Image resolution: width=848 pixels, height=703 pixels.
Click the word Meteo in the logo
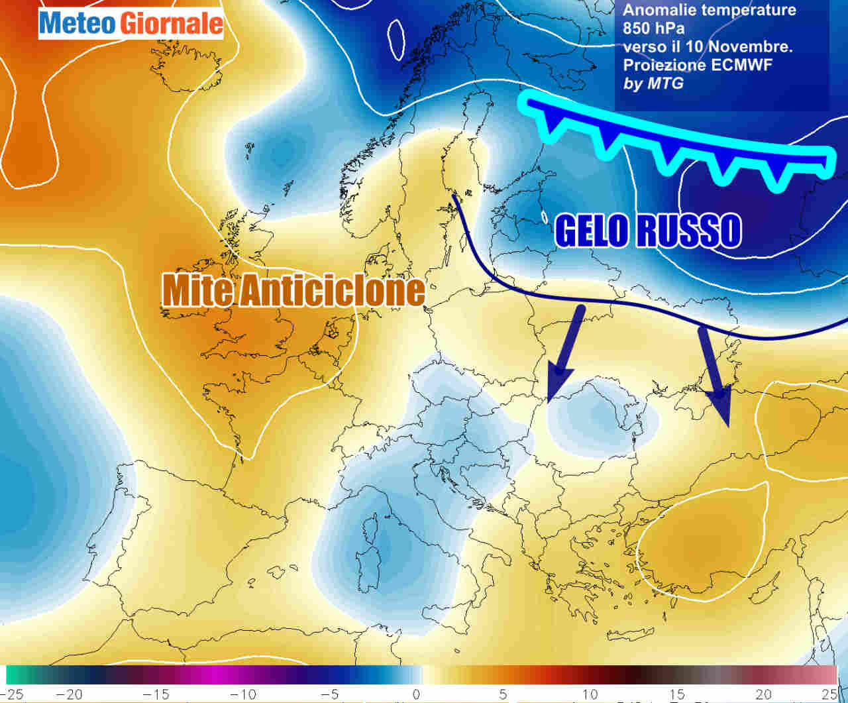pyautogui.click(x=77, y=24)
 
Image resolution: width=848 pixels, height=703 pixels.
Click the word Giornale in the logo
pyautogui.click(x=170, y=24)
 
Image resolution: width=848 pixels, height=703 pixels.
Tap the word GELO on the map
pyautogui.click(x=591, y=231)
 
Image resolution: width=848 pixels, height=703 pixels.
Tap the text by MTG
pyautogui.click(x=653, y=83)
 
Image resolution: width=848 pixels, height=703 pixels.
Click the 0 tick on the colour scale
pyautogui.click(x=416, y=694)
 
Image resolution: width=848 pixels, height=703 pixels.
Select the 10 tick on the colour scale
pyautogui.click(x=590, y=694)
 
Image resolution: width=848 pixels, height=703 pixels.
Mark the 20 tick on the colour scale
pyautogui.click(x=763, y=694)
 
